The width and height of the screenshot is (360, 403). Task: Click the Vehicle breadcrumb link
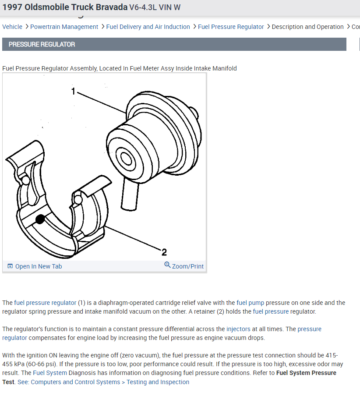[x=12, y=27]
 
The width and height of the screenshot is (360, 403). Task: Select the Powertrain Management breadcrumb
[x=64, y=27]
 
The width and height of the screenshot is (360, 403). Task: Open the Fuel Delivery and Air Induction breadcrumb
[x=148, y=27]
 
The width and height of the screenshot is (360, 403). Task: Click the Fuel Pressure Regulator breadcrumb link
[x=231, y=27]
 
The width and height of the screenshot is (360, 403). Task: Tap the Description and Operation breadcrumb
[x=307, y=27]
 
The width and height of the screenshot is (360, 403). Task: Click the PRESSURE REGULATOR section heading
[x=42, y=44]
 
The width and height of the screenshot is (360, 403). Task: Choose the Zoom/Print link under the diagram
[x=187, y=266]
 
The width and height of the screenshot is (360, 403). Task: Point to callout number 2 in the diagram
[x=164, y=252]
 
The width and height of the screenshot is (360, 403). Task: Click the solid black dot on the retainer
[x=40, y=219]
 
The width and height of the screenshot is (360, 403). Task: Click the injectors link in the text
[x=238, y=329]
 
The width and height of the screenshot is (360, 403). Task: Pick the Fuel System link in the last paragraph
[x=50, y=373]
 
